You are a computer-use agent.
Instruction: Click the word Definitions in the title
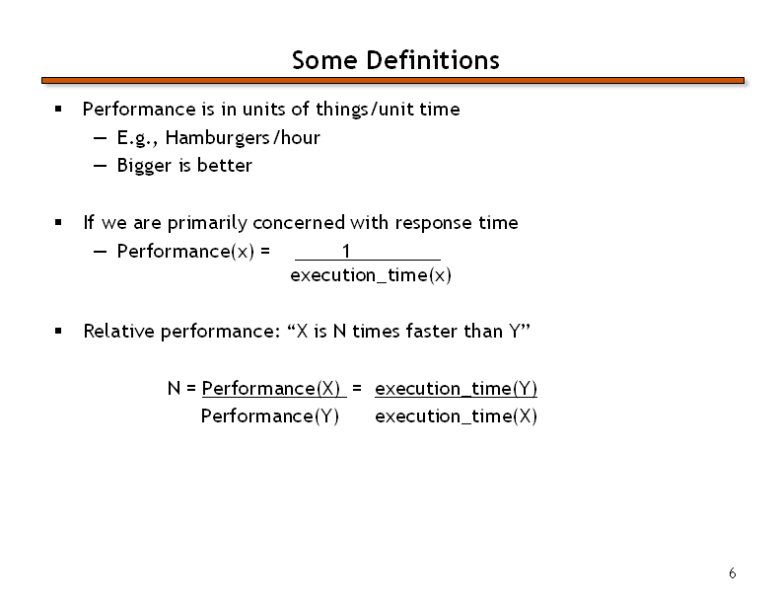[x=432, y=60]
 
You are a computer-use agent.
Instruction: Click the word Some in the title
[x=324, y=60]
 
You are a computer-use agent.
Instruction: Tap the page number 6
[x=732, y=573]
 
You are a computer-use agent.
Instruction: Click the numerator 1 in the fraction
[x=346, y=251]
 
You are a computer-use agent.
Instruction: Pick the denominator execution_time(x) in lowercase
[x=371, y=275]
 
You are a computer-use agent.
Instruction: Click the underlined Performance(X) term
[x=271, y=388]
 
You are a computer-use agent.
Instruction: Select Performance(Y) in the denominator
[x=270, y=415]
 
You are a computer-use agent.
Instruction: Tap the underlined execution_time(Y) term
[x=456, y=388]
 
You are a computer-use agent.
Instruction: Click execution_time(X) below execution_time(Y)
[x=456, y=415]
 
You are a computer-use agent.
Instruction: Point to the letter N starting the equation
[x=174, y=388]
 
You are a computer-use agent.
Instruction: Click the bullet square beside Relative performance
[x=58, y=331]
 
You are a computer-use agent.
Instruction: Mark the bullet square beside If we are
[x=58, y=222]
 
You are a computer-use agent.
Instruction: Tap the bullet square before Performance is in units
[x=58, y=109]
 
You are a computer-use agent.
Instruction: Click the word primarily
[x=207, y=223]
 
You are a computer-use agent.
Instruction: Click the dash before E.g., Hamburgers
[x=100, y=138]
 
